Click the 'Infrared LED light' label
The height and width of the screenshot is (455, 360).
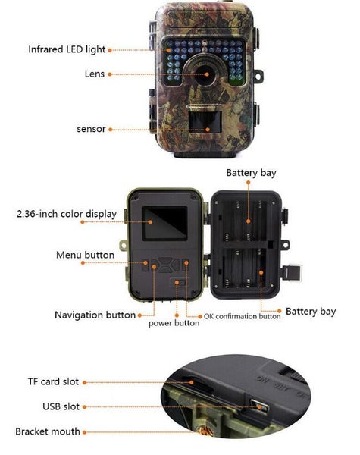click(x=67, y=49)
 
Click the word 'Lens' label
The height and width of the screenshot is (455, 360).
click(x=95, y=74)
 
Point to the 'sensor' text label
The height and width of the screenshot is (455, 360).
click(x=91, y=129)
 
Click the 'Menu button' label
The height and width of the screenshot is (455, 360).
click(x=86, y=255)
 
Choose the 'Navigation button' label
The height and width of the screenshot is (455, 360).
click(x=95, y=315)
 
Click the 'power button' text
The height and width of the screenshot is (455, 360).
click(x=174, y=323)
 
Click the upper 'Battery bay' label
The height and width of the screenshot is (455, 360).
click(x=251, y=173)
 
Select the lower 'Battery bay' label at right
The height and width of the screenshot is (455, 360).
click(x=310, y=312)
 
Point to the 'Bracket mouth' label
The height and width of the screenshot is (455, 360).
click(x=48, y=431)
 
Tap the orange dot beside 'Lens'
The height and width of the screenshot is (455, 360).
click(x=111, y=74)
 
